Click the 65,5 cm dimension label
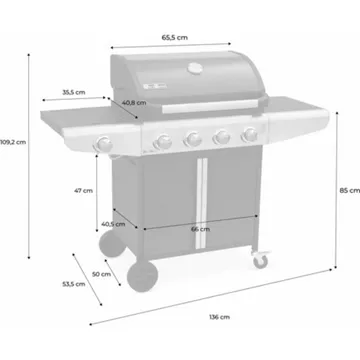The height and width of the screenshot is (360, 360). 175,38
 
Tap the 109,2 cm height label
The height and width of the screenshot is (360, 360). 13,142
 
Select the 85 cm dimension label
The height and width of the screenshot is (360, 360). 350,191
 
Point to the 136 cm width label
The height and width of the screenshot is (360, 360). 219,317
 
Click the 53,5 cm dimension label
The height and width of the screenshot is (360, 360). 74,284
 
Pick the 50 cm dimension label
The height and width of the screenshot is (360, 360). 101,274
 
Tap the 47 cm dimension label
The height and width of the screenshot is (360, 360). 83,191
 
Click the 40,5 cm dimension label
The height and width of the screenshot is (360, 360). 113,224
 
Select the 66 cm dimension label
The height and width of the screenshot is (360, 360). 201,229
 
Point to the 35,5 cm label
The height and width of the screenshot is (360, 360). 74,92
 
